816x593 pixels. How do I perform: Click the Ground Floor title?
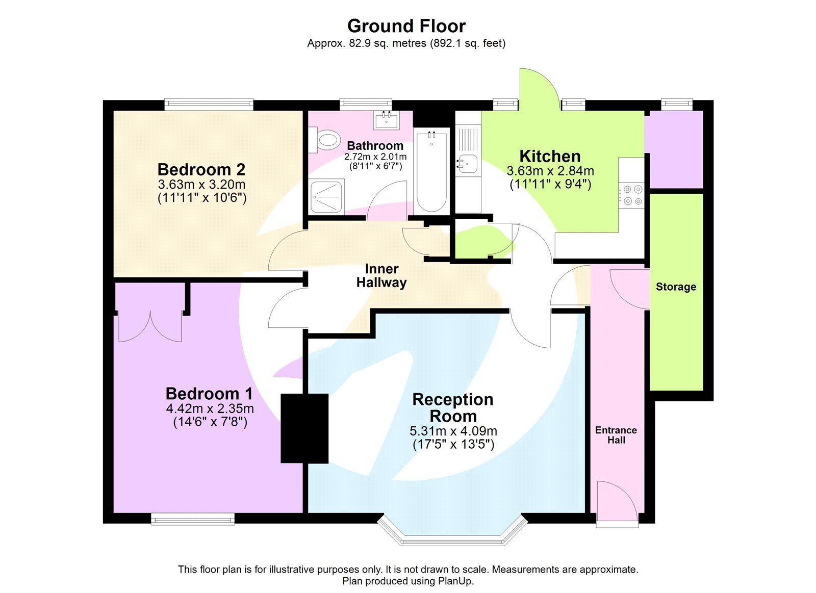pos(406,26)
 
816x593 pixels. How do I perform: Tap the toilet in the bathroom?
pos(327,139)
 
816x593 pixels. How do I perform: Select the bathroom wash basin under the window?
pos(387,120)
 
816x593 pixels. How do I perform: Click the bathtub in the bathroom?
pos(431,172)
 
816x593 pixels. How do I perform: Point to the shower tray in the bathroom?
pos(326,196)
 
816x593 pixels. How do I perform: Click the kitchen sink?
pos(468,164)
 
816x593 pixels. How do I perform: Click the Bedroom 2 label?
pos(201,169)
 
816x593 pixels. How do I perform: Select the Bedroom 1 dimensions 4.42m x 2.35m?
pos(210,408)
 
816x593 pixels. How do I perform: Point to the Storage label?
pos(676,287)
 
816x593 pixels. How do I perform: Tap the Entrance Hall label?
pos(616,435)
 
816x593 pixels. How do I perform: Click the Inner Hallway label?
pos(381,276)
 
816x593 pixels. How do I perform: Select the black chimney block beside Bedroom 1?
pos(304,428)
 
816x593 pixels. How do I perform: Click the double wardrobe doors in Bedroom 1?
pos(150,326)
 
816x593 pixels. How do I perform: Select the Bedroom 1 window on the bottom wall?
pos(193,519)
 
